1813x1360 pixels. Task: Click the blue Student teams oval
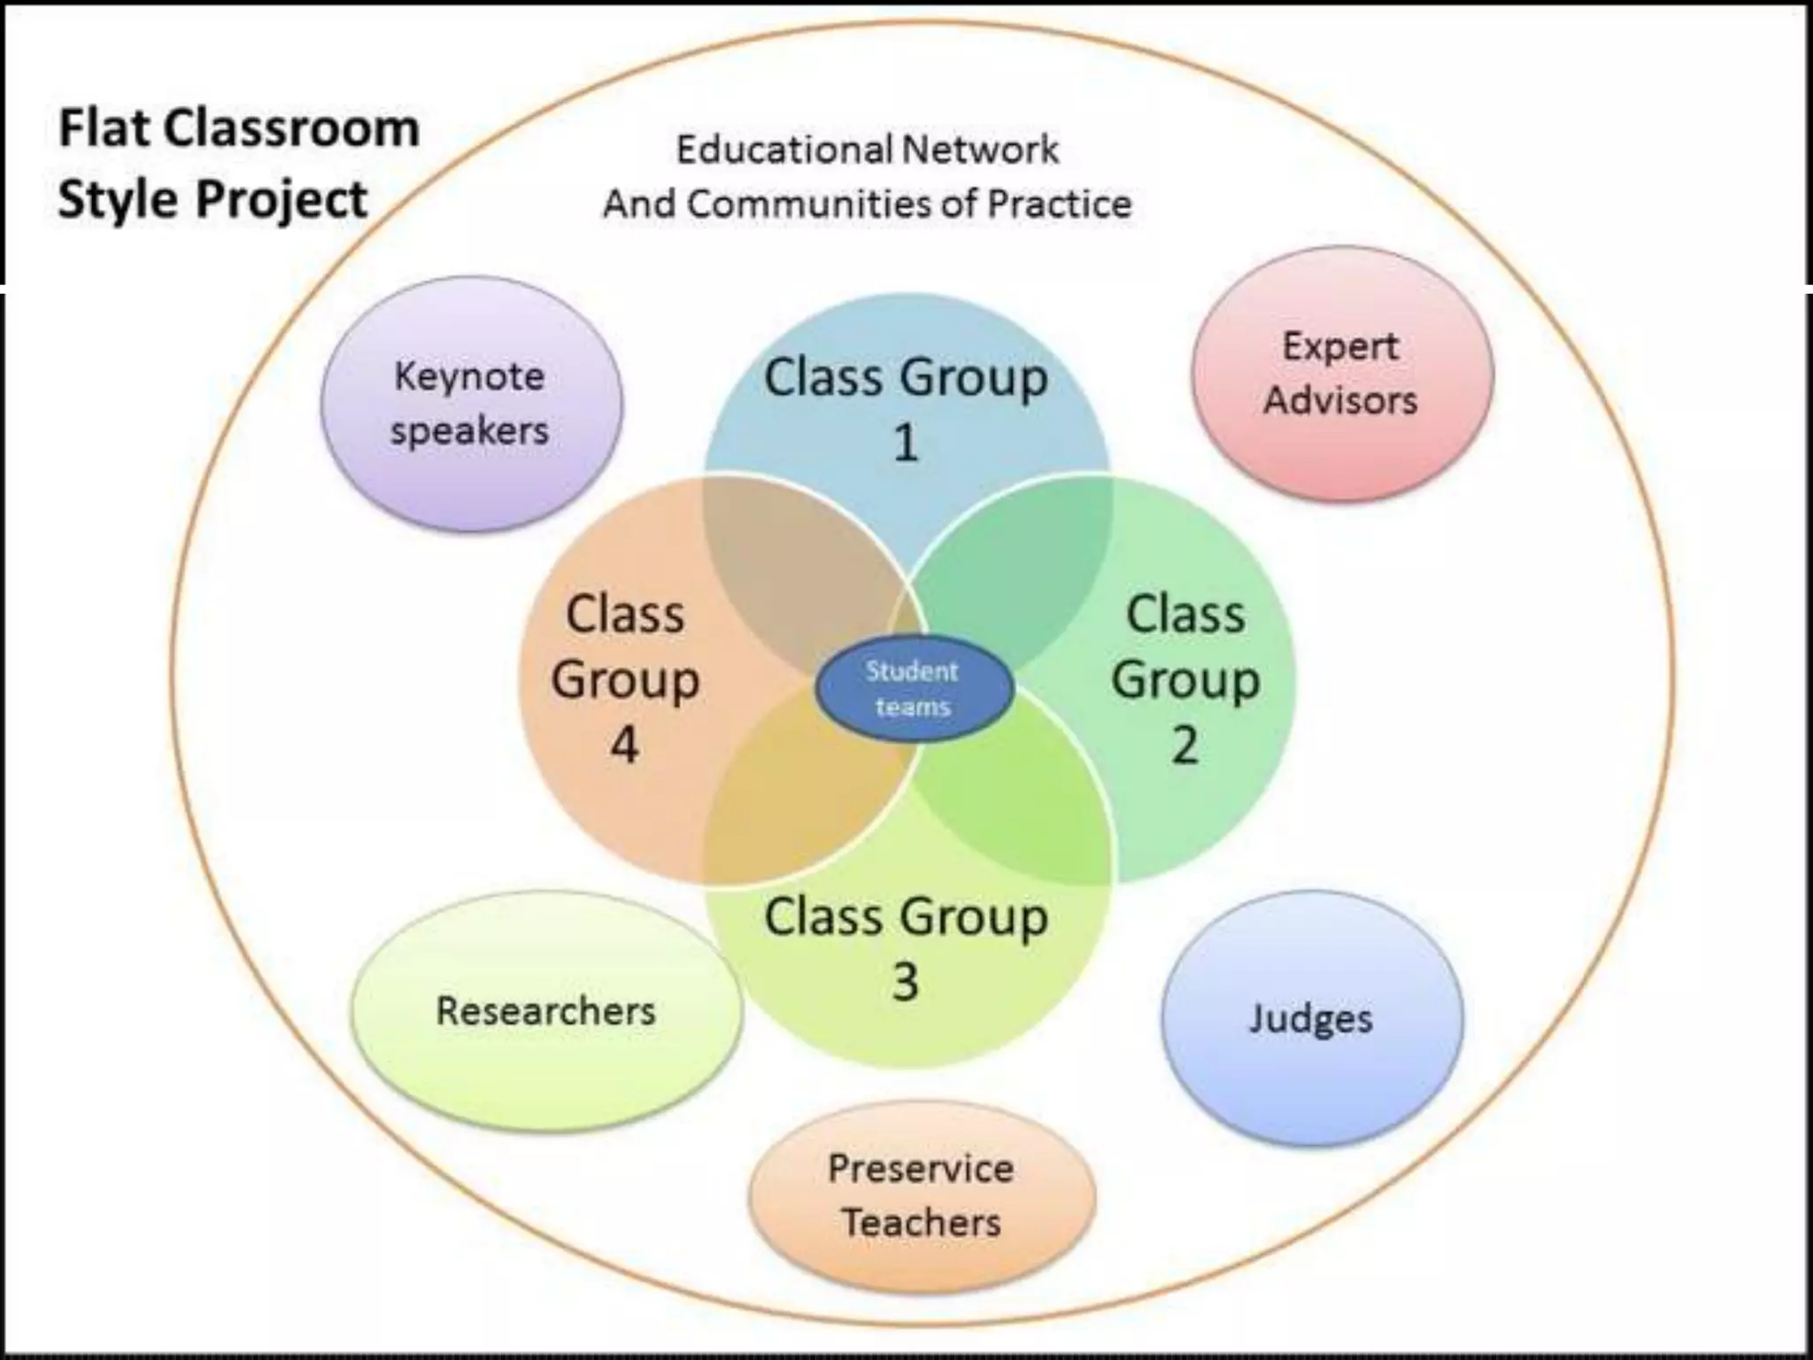(x=914, y=689)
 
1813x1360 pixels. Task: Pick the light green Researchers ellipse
(x=545, y=1011)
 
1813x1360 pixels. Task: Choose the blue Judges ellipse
(x=1311, y=1019)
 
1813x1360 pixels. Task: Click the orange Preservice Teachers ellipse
(x=922, y=1195)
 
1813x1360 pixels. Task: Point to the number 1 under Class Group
(x=905, y=442)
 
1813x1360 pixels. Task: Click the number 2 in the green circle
(x=1184, y=745)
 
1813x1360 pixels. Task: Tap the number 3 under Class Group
(x=905, y=981)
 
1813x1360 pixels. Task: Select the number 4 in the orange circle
(x=624, y=745)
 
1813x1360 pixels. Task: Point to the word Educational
(x=780, y=150)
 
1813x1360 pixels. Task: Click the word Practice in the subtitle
(x=1059, y=205)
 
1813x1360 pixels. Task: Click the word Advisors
(x=1340, y=399)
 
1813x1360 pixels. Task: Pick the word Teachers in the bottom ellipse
(x=922, y=1223)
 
